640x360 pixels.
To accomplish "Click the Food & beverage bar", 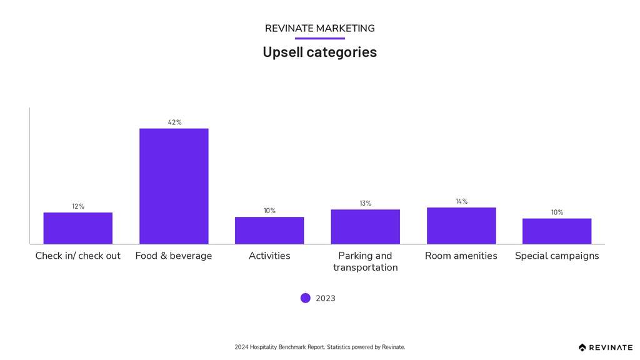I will click(x=174, y=186).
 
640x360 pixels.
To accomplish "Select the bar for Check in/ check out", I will click(x=78, y=228).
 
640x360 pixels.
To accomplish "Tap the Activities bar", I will click(x=269, y=230).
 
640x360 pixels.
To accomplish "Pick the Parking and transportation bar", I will click(x=365, y=226).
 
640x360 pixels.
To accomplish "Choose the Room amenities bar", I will click(x=461, y=226).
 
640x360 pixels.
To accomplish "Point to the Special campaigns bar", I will click(x=557, y=231).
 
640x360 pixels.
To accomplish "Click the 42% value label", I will click(x=174, y=122).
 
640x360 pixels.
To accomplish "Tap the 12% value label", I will click(x=78, y=206).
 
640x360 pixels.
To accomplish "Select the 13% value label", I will click(x=365, y=203).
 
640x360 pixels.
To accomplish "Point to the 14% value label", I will click(x=461, y=201).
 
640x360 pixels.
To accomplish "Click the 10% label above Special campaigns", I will click(x=557, y=212).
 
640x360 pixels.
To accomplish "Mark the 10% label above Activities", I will click(x=269, y=211).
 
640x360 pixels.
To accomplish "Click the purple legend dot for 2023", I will click(x=305, y=298).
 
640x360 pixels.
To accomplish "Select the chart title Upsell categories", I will click(x=319, y=52).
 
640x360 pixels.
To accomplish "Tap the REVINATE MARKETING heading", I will click(x=319, y=28).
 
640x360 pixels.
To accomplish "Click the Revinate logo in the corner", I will click(x=605, y=347).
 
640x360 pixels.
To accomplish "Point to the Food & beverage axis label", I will click(x=174, y=256).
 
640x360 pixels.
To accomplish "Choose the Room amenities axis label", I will click(x=461, y=256).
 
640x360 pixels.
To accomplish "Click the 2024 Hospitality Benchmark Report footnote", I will click(x=319, y=347).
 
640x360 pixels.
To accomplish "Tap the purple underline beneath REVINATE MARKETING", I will click(x=319, y=38).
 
